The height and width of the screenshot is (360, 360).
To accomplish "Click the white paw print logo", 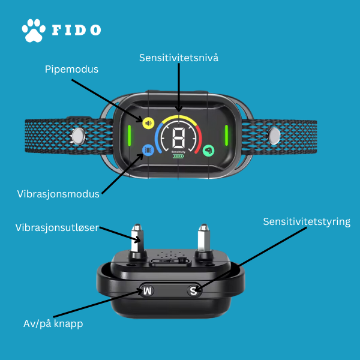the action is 34,31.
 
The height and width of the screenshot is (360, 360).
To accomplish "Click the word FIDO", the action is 76,30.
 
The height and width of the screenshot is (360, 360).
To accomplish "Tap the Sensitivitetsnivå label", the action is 179,58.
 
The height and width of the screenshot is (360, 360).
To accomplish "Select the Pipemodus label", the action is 71,70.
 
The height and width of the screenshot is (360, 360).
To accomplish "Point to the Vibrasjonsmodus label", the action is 58,194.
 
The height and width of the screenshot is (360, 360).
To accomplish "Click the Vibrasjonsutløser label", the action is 57,228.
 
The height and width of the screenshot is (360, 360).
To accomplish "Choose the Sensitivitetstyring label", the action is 307,222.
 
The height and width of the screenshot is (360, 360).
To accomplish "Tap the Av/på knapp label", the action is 53,324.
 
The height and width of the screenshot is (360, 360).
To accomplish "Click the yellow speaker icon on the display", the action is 148,123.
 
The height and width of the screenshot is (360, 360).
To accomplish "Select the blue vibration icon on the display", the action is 148,150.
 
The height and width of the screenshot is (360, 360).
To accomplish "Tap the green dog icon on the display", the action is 208,151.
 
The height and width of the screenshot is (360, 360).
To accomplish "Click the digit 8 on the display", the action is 178,137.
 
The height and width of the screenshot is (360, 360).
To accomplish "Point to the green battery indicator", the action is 178,157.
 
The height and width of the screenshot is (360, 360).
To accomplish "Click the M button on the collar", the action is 147,291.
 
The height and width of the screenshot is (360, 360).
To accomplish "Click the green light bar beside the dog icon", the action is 226,136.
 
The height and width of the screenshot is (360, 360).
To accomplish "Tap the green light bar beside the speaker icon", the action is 130,136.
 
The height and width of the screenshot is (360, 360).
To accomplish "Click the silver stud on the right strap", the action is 274,136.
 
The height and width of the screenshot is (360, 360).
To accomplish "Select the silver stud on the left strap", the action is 79,136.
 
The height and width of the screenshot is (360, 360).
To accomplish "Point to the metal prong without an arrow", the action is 203,239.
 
